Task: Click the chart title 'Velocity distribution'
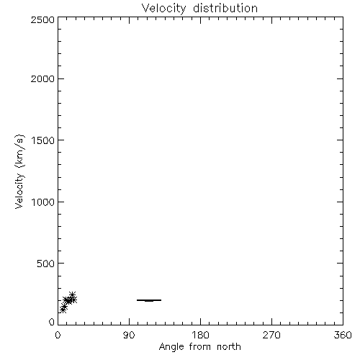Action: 199,8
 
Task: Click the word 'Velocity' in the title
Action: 163,9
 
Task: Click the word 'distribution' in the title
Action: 225,8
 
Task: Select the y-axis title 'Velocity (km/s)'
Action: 19,171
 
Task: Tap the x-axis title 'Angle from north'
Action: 199,347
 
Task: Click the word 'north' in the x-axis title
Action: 229,346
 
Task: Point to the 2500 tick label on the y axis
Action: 42,19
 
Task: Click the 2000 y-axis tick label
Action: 42,78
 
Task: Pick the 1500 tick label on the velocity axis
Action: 43,140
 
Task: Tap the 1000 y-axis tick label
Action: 43,202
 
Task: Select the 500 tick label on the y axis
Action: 46,264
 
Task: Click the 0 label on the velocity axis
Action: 52,322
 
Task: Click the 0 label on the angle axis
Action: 58,335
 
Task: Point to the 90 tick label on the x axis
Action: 129,335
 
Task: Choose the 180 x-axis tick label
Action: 200,335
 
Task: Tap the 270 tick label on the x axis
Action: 271,335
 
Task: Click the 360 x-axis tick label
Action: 343,335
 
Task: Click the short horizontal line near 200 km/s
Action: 149,300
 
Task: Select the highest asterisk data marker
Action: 72,294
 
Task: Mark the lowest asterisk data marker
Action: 63,310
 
